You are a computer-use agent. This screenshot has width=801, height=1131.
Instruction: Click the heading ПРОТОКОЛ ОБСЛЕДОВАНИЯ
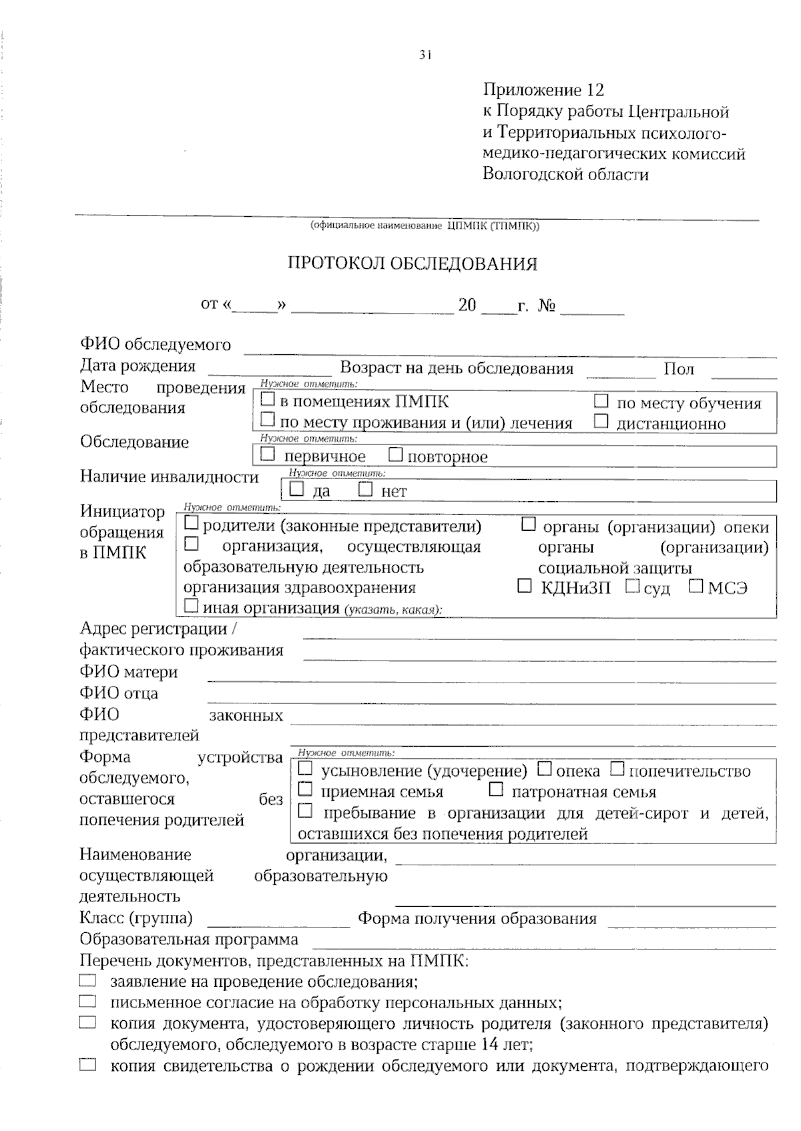click(412, 264)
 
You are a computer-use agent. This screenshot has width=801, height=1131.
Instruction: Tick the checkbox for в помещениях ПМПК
click(268, 400)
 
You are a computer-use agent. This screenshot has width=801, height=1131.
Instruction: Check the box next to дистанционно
click(601, 422)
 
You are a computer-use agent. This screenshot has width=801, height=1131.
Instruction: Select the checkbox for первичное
click(268, 455)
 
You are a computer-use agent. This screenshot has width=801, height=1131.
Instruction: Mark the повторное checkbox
click(396, 455)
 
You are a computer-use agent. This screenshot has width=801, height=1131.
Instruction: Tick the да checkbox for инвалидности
click(296, 490)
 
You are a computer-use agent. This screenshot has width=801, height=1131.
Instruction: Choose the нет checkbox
click(365, 490)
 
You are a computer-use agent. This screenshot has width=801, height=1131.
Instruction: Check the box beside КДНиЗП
click(525, 587)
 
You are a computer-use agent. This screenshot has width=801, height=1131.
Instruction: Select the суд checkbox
click(633, 587)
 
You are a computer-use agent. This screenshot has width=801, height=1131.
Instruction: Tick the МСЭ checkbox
click(696, 587)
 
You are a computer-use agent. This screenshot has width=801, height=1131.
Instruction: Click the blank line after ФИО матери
click(491, 678)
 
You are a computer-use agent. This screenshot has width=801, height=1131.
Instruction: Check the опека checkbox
click(545, 769)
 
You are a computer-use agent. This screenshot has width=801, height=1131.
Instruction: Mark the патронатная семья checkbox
click(495, 790)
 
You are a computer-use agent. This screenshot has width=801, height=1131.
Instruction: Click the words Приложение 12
click(543, 89)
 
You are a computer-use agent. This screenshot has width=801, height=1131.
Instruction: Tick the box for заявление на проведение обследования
click(87, 981)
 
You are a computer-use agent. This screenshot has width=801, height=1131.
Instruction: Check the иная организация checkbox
click(191, 607)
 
